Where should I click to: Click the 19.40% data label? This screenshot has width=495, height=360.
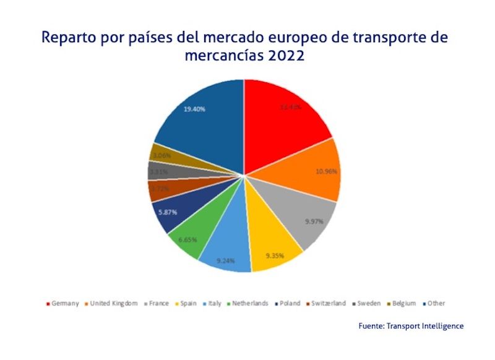194,109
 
